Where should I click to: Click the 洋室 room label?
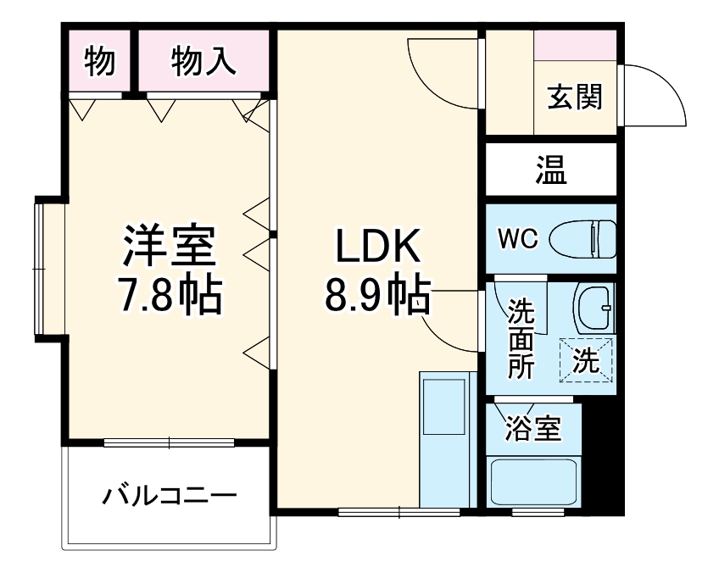point(170,246)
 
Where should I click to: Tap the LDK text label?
point(376,248)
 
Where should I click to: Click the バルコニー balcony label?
point(170,495)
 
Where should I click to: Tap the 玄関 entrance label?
point(574,97)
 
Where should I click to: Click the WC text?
point(517,239)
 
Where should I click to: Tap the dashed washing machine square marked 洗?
point(584,361)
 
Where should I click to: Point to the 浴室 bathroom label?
point(532,428)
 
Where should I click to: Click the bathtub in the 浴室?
point(534,481)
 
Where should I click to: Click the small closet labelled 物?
point(100,61)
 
